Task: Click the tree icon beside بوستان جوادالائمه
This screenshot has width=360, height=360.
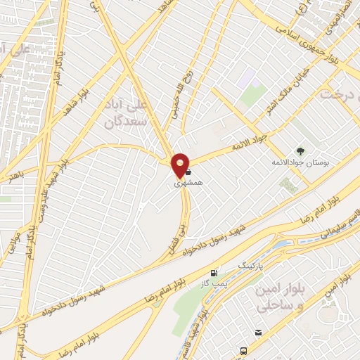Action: pyautogui.click(x=302, y=151)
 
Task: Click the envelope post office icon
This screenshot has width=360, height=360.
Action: pyautogui.click(x=259, y=332)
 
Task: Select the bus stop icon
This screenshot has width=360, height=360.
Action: pyautogui.click(x=243, y=349)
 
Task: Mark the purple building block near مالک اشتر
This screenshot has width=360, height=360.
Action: pyautogui.click(x=247, y=80)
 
